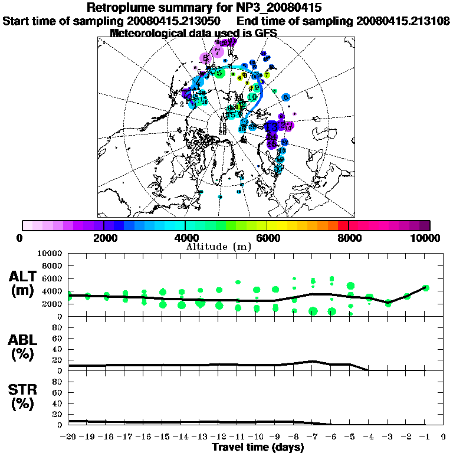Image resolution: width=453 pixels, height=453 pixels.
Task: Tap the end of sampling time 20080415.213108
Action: click(x=403, y=21)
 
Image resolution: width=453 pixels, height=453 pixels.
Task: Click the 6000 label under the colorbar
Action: click(x=267, y=238)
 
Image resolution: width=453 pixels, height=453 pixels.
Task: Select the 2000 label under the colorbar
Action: click(x=104, y=238)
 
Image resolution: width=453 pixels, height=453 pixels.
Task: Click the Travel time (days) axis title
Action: click(x=258, y=448)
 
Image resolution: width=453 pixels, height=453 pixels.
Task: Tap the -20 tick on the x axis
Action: click(x=69, y=437)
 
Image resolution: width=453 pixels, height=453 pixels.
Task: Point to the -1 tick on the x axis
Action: click(x=425, y=437)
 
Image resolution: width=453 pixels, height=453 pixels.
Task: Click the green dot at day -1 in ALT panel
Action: click(x=426, y=288)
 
